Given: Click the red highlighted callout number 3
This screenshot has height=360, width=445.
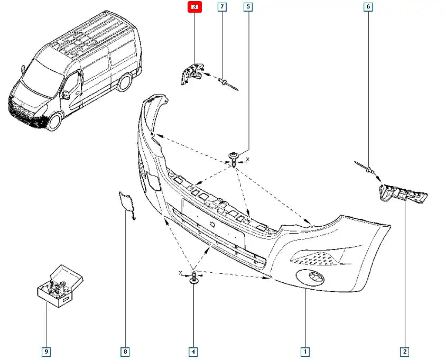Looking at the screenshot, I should (194, 7).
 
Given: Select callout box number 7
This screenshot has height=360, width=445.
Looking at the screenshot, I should (222, 7).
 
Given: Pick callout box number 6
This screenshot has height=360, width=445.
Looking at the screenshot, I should (368, 7).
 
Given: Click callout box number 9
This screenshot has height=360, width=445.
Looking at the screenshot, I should (47, 351).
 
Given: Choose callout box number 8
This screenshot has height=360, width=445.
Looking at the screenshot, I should (125, 351).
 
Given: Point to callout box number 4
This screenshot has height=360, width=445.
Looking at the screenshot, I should (193, 351).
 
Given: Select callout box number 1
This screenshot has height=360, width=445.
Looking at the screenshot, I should (305, 351).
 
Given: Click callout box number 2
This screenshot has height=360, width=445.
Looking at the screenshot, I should (405, 351).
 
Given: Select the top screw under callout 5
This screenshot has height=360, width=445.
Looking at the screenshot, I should (233, 158).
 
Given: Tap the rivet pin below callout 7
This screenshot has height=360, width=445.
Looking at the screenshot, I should (226, 82).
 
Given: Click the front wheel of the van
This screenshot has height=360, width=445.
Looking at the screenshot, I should (55, 121).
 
